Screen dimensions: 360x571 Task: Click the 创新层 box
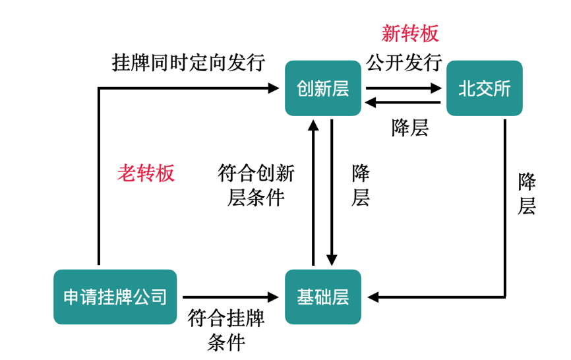coord(322,88)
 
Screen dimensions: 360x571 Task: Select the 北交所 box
coord(484,88)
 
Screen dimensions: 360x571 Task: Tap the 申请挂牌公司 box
coord(115,297)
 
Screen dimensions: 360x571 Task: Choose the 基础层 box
coord(322,297)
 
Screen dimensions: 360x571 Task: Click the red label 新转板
coord(410,33)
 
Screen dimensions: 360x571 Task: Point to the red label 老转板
coord(146,173)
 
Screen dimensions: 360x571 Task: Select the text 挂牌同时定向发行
coord(189,63)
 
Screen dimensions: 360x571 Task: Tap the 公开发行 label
coord(404,63)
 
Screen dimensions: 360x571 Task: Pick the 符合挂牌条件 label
coord(226,330)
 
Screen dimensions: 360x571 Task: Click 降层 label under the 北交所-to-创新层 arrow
coord(410,127)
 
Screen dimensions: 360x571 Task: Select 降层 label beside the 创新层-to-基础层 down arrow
coord(361,185)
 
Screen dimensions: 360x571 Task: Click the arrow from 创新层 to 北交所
coord(404,87)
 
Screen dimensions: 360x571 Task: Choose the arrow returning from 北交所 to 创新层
coord(404,102)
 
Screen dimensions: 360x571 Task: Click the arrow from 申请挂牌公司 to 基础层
coord(231,297)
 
